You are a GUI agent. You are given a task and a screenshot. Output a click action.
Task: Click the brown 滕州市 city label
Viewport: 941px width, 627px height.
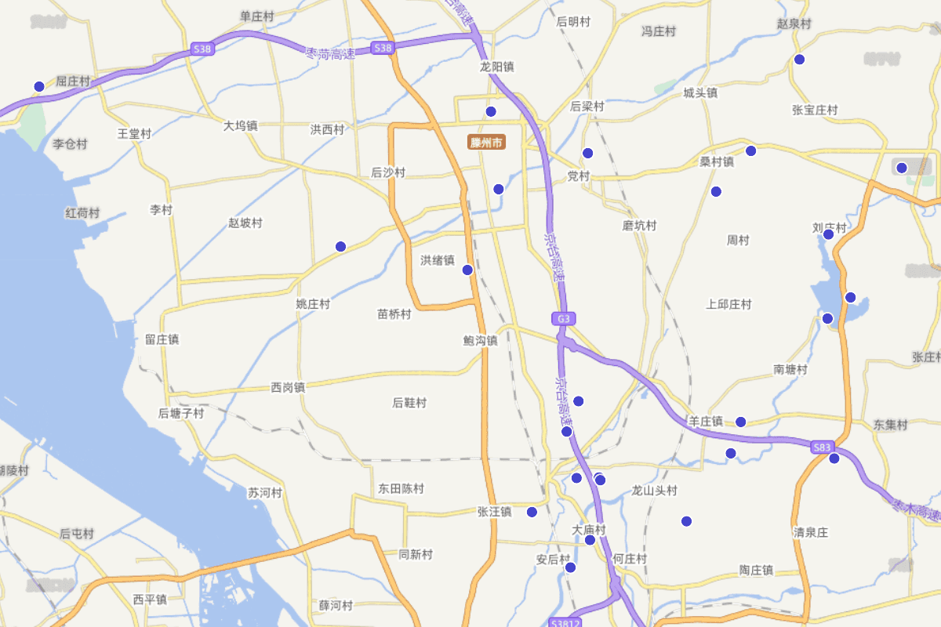coord(486,143)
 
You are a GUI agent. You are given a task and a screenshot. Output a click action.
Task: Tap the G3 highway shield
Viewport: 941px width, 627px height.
coord(563,319)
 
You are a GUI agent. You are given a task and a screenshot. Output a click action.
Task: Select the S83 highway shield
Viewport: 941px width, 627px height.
coord(821,448)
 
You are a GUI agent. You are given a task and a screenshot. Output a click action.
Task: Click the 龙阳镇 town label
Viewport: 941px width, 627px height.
coord(497,67)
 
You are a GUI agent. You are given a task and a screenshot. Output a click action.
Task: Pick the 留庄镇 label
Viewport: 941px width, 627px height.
coord(162,339)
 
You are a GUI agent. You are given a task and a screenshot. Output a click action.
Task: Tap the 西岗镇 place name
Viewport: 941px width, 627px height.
coord(287,387)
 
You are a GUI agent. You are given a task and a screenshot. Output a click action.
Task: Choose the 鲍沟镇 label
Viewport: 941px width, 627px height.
coord(480,341)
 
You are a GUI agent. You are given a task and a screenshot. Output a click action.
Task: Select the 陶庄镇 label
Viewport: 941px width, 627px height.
coord(756,571)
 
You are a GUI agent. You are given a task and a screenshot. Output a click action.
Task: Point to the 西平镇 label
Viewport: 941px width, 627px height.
coord(149,600)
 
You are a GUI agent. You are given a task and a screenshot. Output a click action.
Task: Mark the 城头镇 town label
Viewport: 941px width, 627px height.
coord(699,92)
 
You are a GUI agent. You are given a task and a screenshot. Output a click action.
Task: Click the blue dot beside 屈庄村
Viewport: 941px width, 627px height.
coord(39,86)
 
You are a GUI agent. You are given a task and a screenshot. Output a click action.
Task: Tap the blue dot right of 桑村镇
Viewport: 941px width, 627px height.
coord(750,150)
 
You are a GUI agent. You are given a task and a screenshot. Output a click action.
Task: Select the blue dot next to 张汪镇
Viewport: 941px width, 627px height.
coord(532,512)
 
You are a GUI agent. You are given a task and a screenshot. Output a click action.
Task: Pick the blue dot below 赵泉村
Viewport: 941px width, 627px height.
coord(799,60)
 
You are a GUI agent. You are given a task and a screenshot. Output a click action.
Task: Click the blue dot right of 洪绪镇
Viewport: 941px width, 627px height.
coord(467,270)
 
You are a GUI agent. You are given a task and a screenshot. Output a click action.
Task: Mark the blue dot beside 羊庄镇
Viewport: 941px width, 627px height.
coord(740,422)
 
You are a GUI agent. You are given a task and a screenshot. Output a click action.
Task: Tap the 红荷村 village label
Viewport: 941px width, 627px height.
coord(82,213)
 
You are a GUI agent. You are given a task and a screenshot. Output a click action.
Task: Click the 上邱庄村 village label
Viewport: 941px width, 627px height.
coord(728,304)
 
